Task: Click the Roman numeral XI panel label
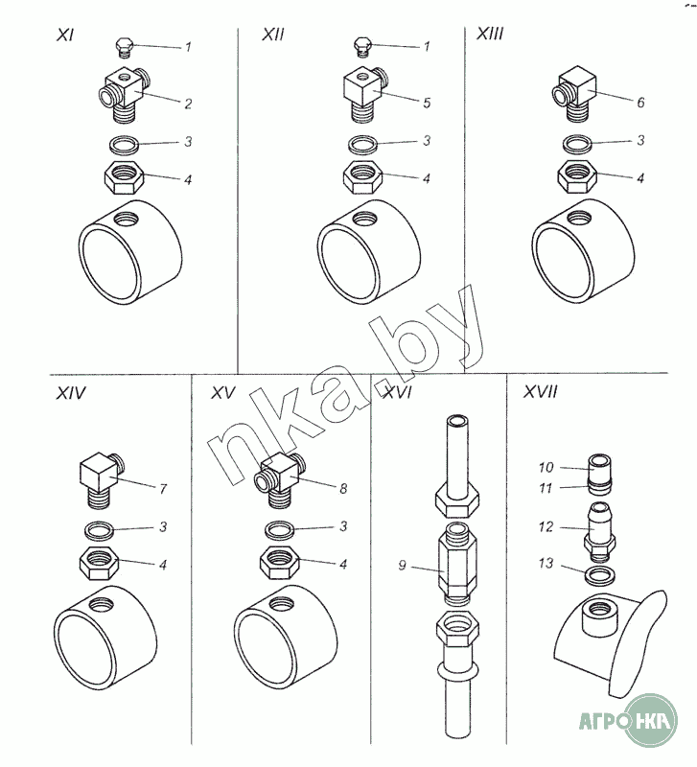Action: [65, 35]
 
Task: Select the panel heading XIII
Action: [490, 34]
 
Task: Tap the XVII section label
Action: [540, 391]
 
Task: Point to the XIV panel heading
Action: [71, 393]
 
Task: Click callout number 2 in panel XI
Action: [188, 104]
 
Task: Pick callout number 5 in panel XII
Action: [427, 104]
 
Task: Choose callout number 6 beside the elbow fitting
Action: [640, 103]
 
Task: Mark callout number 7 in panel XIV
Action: [163, 489]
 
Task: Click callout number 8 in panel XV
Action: [343, 488]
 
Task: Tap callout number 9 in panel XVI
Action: [402, 566]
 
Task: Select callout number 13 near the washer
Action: [546, 564]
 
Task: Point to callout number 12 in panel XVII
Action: [546, 526]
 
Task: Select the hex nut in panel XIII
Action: [577, 176]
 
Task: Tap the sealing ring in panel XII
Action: [363, 145]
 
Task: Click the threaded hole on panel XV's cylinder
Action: [283, 605]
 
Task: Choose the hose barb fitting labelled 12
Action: [599, 531]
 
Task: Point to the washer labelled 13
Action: [599, 576]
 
